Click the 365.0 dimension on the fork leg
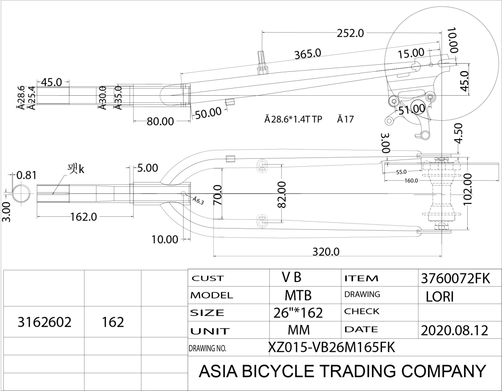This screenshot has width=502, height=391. coord(307,53)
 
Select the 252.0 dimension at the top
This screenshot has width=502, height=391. coord(351,33)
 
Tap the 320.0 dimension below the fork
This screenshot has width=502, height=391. coord(326,252)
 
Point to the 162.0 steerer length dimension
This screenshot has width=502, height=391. coord(84,217)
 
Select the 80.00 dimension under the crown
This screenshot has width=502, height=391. coord(160,122)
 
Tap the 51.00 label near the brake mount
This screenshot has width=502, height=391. coord(412,109)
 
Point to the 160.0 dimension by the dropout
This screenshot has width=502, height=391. coord(411,180)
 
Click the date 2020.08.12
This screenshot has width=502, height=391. coord(455,330)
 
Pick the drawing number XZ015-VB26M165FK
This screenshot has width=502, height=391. coord(331,347)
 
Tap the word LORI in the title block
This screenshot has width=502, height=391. coord(440,296)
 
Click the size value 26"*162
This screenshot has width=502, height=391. coord(297,312)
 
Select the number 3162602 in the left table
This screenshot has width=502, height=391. coord(44,322)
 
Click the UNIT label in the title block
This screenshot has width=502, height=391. coord(210,331)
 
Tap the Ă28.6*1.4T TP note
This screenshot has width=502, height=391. coord(293,119)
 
